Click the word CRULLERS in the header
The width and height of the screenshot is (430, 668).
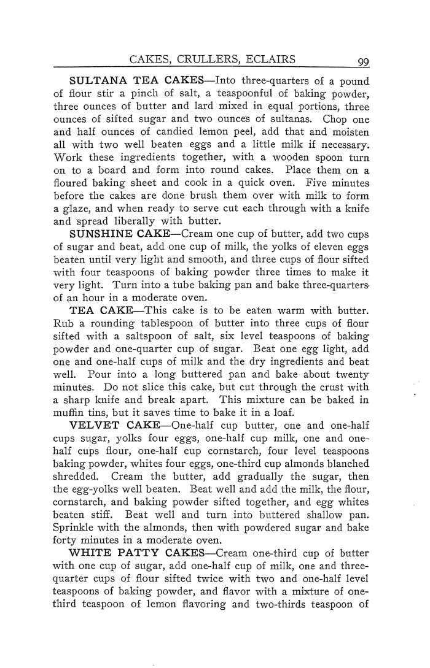pyautogui.click(x=212, y=60)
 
